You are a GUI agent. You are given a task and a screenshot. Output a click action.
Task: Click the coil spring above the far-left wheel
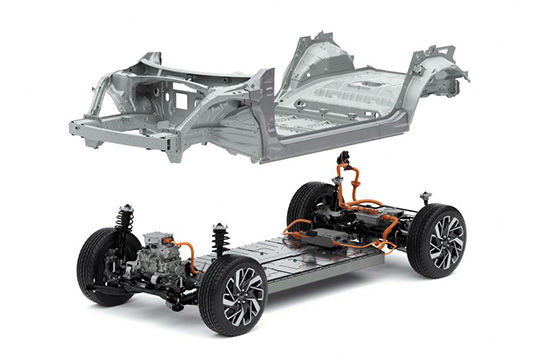click(x=125, y=219)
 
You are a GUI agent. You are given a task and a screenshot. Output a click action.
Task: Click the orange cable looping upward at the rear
click(x=350, y=180)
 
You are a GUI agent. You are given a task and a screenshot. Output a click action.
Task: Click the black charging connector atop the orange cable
click(x=344, y=158)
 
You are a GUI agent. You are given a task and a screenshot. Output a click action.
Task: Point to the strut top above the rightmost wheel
click(x=425, y=197)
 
